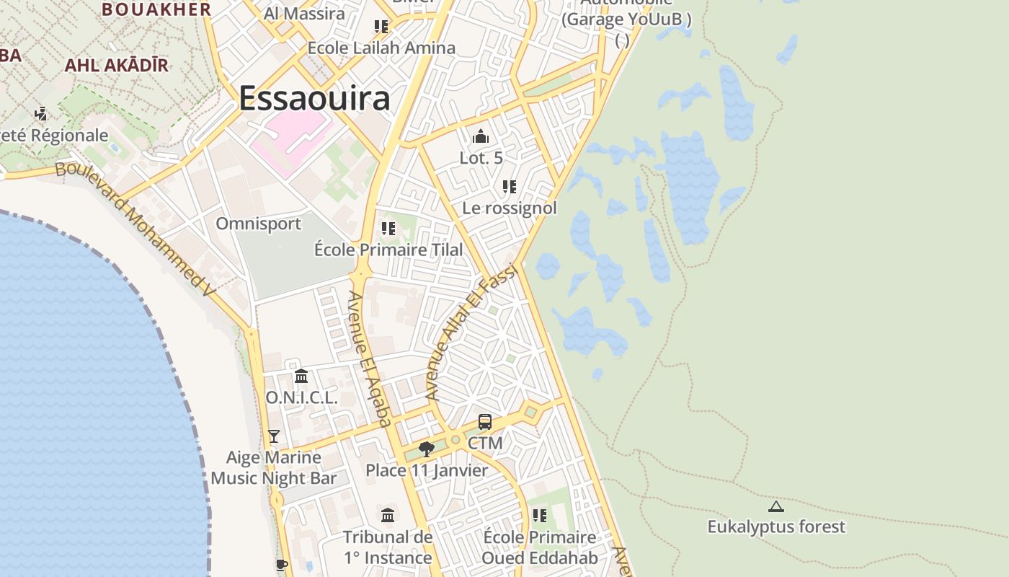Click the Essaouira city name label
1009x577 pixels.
pyautogui.click(x=314, y=99)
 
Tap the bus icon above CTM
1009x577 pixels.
pyautogui.click(x=485, y=422)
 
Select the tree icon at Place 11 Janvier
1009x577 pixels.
pyautogui.click(x=427, y=449)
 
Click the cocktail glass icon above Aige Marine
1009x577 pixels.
pyautogui.click(x=274, y=436)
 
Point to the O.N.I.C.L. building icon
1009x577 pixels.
pyautogui.click(x=301, y=376)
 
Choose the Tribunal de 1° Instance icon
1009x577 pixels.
pyautogui.click(x=388, y=515)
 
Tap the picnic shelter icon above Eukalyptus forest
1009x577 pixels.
pyautogui.click(x=775, y=506)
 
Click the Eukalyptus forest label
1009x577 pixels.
pyautogui.click(x=775, y=527)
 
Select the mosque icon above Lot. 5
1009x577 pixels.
pyautogui.click(x=481, y=136)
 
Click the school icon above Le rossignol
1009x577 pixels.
pyautogui.click(x=510, y=187)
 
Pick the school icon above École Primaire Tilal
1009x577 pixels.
pyautogui.click(x=388, y=229)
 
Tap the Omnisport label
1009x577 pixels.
pyautogui.click(x=259, y=224)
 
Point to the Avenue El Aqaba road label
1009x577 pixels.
pyautogui.click(x=370, y=358)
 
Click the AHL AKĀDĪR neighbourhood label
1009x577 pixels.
pyautogui.click(x=117, y=66)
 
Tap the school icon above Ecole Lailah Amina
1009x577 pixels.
pyautogui.click(x=381, y=27)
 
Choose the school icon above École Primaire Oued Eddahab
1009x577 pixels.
pyautogui.click(x=540, y=516)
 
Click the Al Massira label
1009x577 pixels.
pyautogui.click(x=304, y=14)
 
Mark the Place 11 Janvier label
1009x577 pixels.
pyautogui.click(x=427, y=471)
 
